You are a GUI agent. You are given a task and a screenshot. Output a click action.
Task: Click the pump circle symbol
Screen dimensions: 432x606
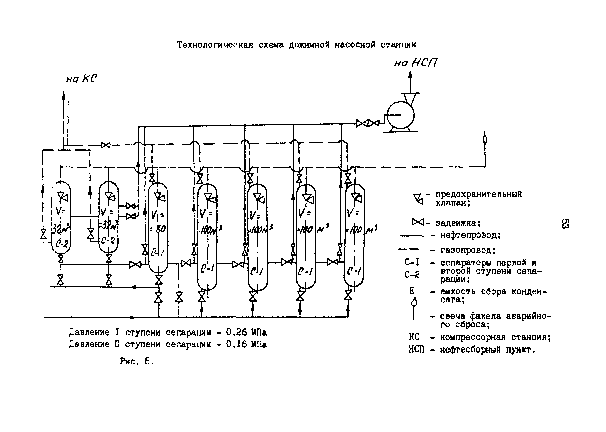tap(400, 115)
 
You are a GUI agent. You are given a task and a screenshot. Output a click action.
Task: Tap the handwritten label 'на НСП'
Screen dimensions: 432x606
tap(416, 63)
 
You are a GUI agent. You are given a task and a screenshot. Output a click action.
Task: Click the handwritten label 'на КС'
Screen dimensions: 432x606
tap(82, 79)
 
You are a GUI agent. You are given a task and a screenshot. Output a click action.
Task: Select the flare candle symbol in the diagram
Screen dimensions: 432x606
tap(485, 140)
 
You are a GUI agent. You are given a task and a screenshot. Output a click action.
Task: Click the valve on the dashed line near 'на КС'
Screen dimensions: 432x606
tap(106, 145)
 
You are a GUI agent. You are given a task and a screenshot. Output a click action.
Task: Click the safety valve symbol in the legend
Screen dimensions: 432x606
tap(418, 199)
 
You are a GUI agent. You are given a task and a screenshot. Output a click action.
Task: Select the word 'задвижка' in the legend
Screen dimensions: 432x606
tap(457, 223)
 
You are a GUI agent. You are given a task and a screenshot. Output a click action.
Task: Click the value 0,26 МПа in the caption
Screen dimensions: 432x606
tap(246, 332)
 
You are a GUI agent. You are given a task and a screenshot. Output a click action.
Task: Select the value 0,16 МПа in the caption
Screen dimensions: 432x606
tap(246, 344)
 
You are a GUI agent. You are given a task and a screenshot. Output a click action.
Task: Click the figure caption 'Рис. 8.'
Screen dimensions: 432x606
tap(137, 361)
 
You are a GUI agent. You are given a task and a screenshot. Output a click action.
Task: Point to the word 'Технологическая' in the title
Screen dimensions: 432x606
tap(215, 45)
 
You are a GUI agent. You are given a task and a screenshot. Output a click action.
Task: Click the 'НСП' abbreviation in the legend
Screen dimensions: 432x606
tap(417, 349)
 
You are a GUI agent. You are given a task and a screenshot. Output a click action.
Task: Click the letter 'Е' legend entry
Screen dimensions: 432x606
tap(412, 291)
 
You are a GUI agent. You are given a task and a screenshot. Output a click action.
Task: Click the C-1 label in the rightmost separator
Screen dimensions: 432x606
tap(354, 271)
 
